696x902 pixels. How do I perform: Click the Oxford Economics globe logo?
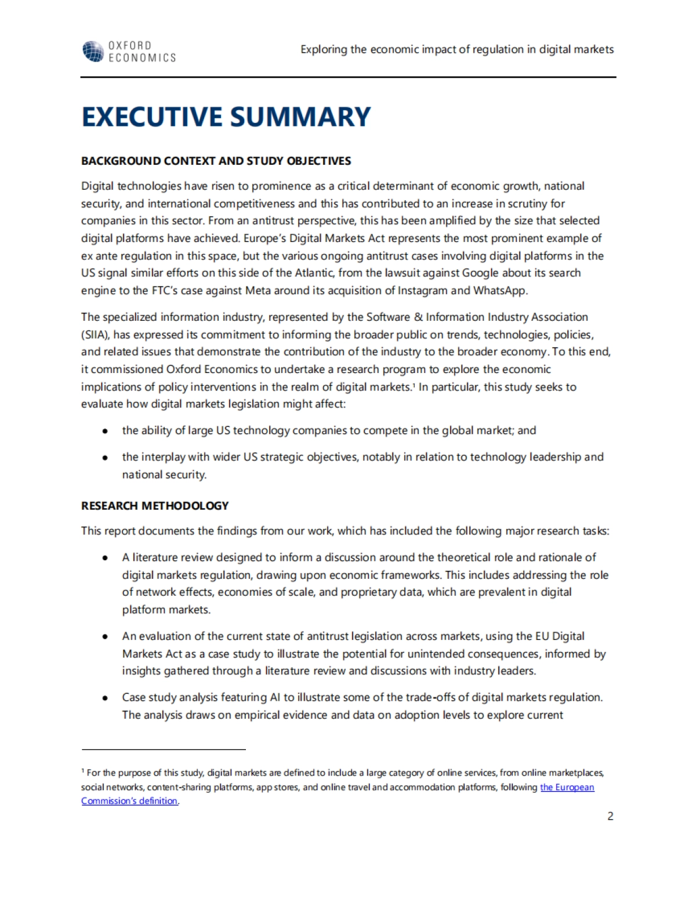93,51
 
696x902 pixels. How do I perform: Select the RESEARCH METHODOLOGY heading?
155,505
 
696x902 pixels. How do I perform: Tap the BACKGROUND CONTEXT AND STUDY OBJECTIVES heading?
216,161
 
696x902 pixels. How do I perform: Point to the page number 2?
610,816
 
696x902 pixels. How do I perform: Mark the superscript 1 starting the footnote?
83,771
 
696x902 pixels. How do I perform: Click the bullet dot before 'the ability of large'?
105,431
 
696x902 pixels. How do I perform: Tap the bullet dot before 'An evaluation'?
105,636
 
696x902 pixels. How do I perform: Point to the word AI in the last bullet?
275,697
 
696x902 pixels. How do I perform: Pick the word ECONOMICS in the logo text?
142,57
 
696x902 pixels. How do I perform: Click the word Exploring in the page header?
324,49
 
